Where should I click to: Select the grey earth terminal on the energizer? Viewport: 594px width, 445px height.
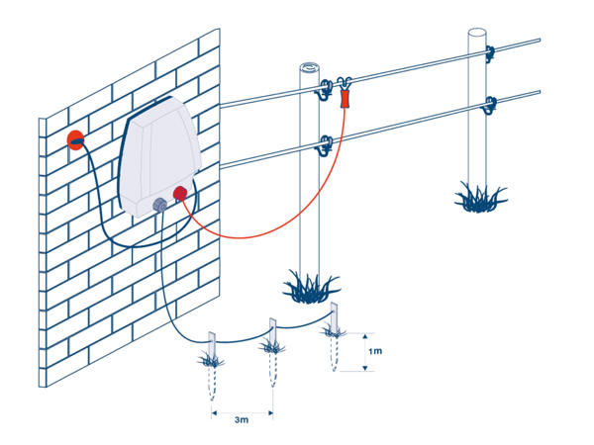[x=157, y=206]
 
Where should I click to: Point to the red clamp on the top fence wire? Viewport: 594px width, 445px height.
[x=346, y=99]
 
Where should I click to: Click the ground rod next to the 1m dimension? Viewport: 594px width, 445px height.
[x=336, y=321]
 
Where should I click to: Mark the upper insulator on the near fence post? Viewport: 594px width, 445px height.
[x=323, y=92]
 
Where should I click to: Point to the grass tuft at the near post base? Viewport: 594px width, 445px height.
[x=310, y=287]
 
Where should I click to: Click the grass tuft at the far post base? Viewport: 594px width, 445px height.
[x=481, y=195]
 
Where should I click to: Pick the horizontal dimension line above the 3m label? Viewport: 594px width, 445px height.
[x=241, y=408]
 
